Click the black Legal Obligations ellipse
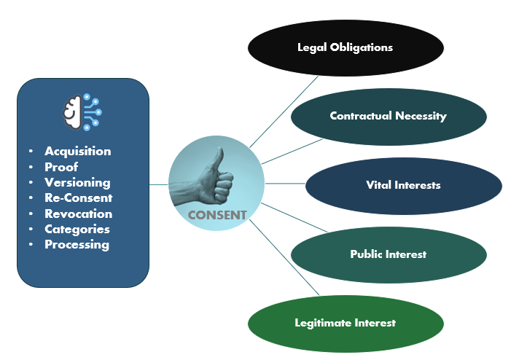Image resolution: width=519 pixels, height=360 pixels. click(345, 47)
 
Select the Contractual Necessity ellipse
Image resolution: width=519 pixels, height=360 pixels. click(388, 116)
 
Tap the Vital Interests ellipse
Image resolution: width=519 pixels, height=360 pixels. click(403, 185)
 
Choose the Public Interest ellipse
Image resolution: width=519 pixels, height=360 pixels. click(388, 254)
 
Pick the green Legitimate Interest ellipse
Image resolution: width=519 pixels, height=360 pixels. click(346, 322)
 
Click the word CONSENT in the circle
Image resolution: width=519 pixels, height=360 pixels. click(217, 215)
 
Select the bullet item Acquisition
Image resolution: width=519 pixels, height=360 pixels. click(77, 152)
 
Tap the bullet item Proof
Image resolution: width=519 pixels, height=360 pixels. click(61, 167)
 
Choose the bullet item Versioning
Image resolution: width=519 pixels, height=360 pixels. click(77, 182)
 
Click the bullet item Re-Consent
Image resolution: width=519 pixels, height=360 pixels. click(78, 197)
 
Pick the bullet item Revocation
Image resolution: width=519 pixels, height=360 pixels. click(78, 214)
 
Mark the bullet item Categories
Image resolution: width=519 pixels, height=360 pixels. click(77, 229)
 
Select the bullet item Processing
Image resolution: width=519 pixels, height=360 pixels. click(77, 244)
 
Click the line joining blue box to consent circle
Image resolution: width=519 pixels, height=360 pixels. click(159, 184)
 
